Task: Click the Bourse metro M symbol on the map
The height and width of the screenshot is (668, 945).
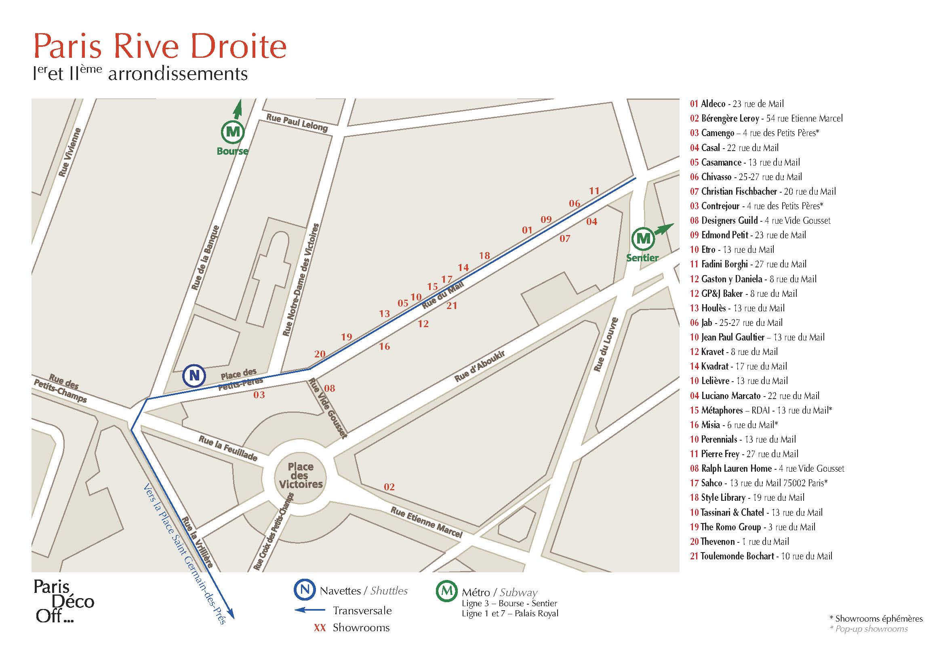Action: [233, 132]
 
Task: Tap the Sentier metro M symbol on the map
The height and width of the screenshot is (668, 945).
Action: [644, 239]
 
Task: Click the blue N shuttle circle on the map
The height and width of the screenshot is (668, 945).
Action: [194, 375]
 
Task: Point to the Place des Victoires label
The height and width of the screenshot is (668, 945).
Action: [301, 475]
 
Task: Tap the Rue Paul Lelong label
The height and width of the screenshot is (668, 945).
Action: [297, 122]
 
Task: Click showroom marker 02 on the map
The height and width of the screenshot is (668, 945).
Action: [389, 487]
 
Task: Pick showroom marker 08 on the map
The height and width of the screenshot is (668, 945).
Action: [329, 388]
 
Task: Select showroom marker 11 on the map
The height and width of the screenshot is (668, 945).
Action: [594, 191]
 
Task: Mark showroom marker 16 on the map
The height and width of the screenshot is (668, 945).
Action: [384, 347]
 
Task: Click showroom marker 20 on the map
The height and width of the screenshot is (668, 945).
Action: [320, 354]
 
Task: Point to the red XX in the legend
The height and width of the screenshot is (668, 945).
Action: [320, 628]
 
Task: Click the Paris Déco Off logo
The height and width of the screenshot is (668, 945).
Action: [64, 601]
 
